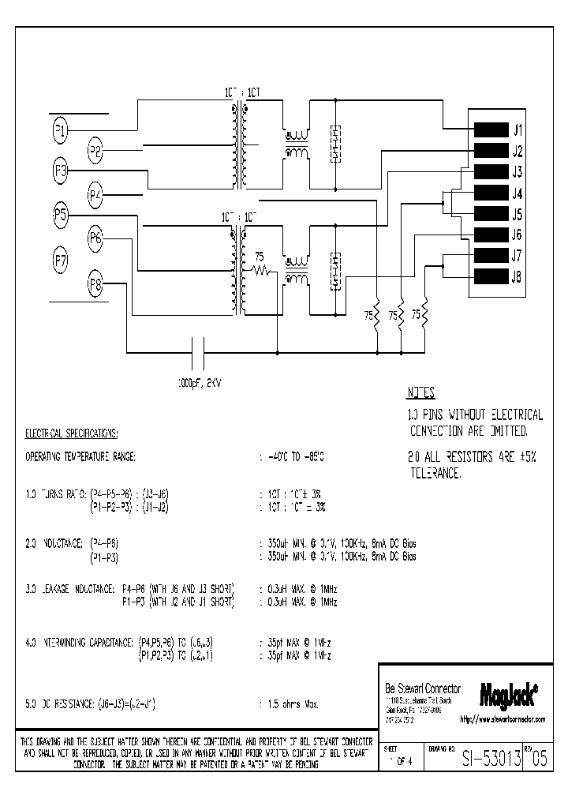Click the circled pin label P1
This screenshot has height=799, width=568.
(61, 130)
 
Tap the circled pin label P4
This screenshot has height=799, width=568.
(95, 194)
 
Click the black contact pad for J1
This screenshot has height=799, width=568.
(490, 130)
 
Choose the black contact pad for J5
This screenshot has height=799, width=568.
(490, 214)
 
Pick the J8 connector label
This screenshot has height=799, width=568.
(517, 276)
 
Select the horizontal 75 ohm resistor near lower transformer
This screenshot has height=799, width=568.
(260, 271)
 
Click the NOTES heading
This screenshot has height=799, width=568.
(420, 393)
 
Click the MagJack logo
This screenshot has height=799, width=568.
(509, 693)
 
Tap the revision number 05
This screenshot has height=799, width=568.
(538, 760)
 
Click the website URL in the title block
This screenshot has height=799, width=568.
(503, 720)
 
